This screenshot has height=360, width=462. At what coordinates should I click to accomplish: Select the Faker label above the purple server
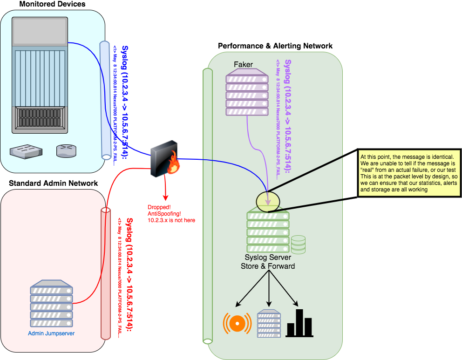coord(244,64)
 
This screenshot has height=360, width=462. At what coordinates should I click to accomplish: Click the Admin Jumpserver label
coord(51,333)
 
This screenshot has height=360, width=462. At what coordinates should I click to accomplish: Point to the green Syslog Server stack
coord(268,232)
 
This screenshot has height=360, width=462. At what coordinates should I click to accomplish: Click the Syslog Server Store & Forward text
coord(268,262)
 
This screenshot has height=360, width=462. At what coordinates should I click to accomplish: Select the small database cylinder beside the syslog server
coord(298,245)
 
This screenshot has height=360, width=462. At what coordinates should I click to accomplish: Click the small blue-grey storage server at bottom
coord(269,323)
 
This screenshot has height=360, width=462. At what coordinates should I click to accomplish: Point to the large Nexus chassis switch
coord(40,75)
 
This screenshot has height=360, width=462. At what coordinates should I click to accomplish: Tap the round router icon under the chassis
coord(66,150)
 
